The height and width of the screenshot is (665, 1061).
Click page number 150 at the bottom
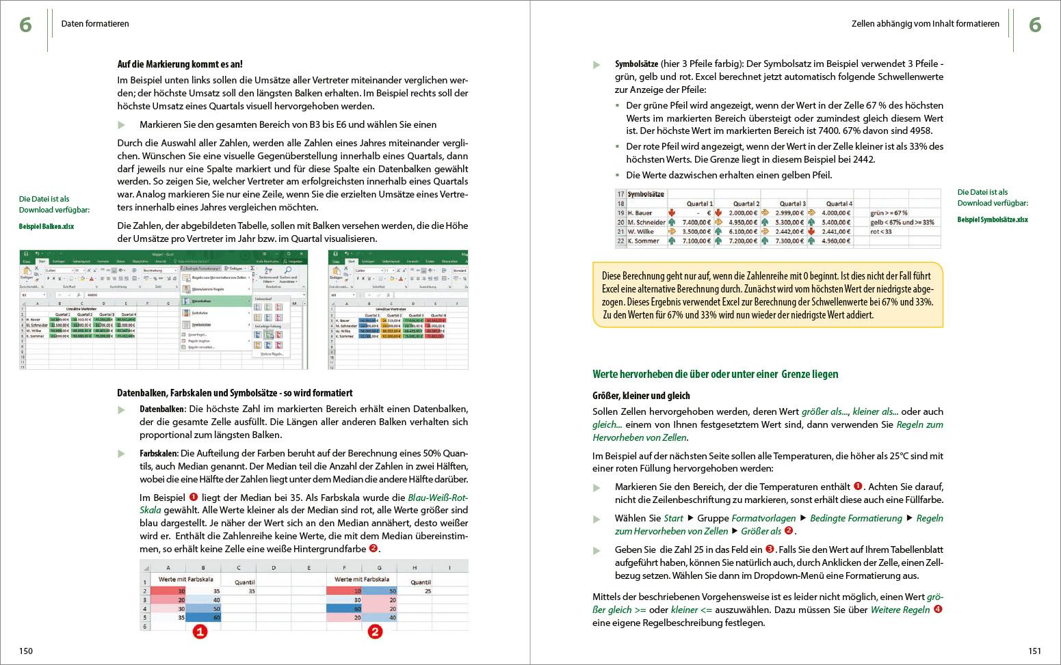point(26,651)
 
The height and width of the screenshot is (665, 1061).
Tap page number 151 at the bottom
point(1034,651)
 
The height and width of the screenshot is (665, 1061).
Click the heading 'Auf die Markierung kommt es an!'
point(180,64)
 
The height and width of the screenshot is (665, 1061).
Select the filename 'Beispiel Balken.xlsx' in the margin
point(47,226)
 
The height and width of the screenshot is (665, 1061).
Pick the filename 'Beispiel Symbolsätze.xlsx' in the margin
point(992,219)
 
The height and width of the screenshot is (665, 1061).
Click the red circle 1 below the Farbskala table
point(199,632)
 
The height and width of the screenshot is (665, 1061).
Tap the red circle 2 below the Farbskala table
point(375,632)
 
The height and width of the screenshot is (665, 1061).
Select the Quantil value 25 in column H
point(428,591)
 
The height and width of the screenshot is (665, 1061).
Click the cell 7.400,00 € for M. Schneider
point(696,222)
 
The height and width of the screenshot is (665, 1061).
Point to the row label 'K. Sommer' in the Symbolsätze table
point(643,241)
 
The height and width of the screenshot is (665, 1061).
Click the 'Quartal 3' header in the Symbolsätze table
point(791,204)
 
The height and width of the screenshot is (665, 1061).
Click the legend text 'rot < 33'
point(881,232)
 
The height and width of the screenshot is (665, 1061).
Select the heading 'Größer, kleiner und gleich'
point(641,396)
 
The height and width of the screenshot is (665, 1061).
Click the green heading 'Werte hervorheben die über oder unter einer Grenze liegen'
point(715,374)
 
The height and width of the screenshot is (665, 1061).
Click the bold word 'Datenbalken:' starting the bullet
point(163,409)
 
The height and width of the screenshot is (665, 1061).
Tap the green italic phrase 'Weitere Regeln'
point(900,610)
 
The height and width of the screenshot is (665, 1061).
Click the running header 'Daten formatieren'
point(95,24)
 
